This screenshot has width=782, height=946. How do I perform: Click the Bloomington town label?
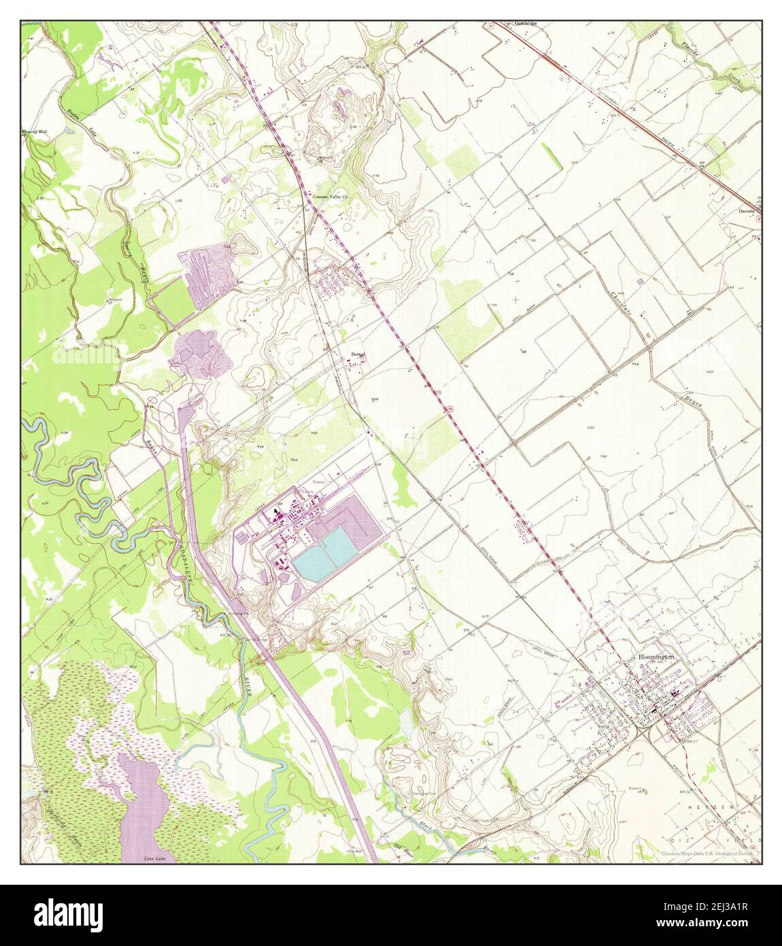(x=656, y=657)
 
